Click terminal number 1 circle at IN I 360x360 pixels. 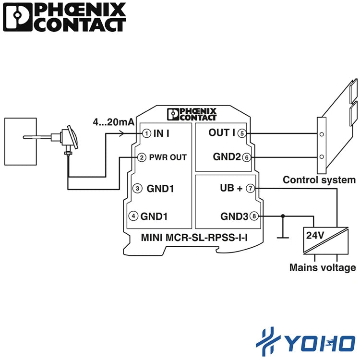coord(146,133)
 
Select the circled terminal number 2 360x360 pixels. coord(142,157)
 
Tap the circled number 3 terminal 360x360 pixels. coord(137,189)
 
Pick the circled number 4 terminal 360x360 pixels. coord(133,216)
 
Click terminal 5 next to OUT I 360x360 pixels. coord(242,133)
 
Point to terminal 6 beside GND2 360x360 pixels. coord(247,157)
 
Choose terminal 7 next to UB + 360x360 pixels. coord(250,189)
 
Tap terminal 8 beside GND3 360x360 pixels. coord(254,216)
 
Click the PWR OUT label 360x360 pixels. coord(168,157)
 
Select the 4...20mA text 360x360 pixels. coord(113,122)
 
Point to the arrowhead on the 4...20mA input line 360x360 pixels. coord(122,133)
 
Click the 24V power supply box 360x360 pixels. coord(326,240)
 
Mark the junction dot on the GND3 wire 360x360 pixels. coord(283,216)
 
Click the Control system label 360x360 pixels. coord(319,180)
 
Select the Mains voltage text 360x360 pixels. coord(323,268)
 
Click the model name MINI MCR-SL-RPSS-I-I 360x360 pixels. coord(194,238)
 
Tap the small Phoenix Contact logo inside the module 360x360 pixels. coord(192,114)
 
